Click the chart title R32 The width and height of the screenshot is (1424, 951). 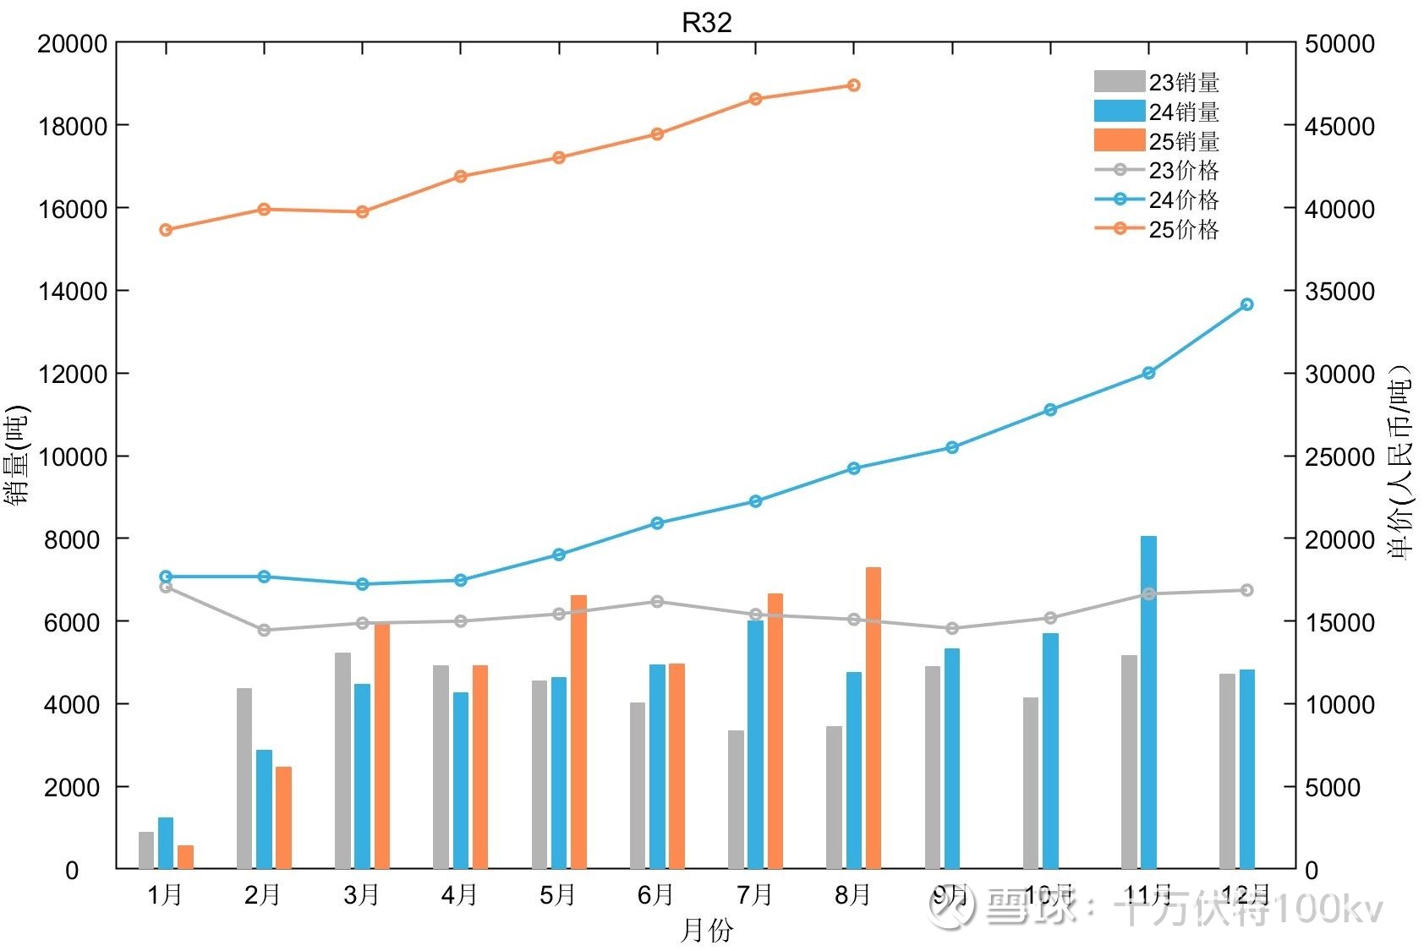coord(706,23)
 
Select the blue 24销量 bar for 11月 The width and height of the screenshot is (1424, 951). coord(1148,702)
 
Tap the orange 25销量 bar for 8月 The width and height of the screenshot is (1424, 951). coord(873,719)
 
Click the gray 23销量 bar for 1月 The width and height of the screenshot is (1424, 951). coord(146,850)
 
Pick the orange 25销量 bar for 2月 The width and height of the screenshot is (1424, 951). coord(283,817)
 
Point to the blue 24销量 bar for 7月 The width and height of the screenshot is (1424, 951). coord(755,744)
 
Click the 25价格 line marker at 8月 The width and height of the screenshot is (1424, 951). coord(853,85)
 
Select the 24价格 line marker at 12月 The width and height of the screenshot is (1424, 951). coord(1246,304)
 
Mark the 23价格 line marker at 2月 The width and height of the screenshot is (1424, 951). coord(264,630)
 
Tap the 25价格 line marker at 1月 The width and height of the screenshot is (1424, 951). coord(166,230)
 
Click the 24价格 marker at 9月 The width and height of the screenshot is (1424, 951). coord(952,447)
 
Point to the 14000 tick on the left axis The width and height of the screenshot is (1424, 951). coord(73,291)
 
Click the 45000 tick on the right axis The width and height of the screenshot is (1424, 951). coord(1339,126)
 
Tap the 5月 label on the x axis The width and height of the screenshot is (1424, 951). coord(557,894)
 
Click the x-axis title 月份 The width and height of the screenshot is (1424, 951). coord(706,931)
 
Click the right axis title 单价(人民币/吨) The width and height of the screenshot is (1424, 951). coord(1400,461)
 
